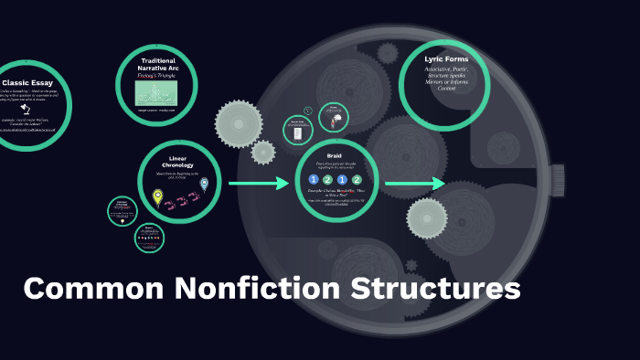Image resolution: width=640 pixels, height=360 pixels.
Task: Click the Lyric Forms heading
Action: tap(446, 59)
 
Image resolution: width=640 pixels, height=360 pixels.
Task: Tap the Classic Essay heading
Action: tap(27, 82)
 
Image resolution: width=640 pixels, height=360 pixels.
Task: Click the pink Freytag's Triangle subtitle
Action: tap(157, 77)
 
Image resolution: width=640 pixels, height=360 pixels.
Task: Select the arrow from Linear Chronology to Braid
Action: tap(258, 185)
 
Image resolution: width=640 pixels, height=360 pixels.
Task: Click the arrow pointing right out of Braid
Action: tap(414, 185)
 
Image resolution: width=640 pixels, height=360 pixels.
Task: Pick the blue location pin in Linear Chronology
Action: tap(204, 185)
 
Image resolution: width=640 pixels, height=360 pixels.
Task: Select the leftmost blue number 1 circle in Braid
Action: tap(313, 180)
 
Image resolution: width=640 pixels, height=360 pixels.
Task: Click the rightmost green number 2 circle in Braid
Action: tap(357, 180)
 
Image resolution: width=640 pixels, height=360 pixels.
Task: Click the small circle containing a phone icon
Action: tap(296, 131)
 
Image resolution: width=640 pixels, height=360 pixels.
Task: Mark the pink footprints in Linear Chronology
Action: tap(181, 197)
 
